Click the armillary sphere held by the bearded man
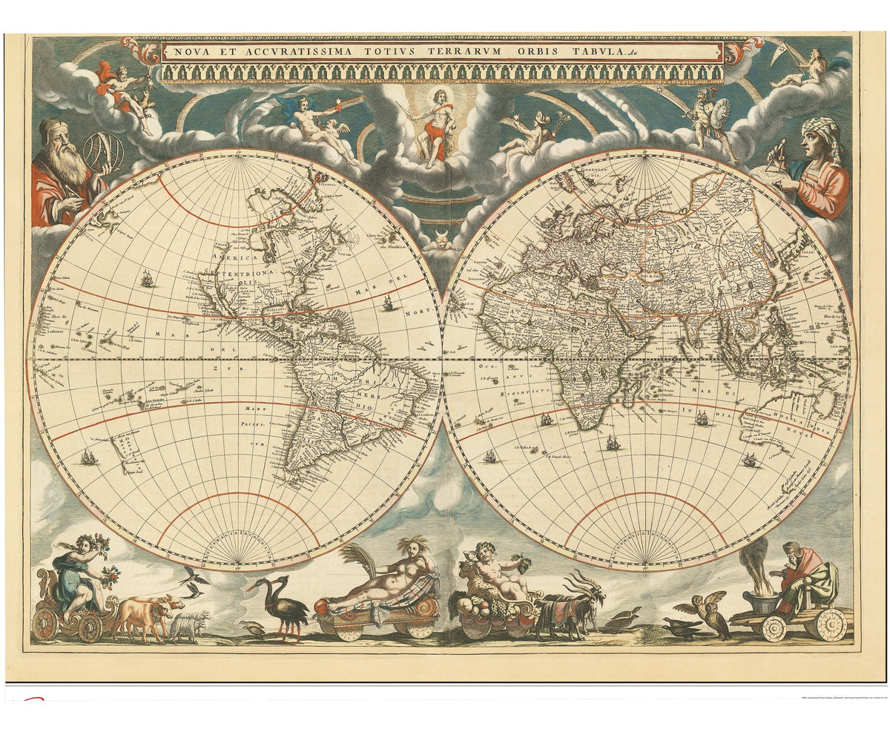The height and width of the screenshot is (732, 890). tap(102, 151)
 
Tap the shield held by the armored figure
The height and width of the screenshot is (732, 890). tap(719, 113)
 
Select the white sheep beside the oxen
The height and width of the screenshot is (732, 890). tap(189, 627)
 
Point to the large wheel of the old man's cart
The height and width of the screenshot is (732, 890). tap(830, 624)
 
